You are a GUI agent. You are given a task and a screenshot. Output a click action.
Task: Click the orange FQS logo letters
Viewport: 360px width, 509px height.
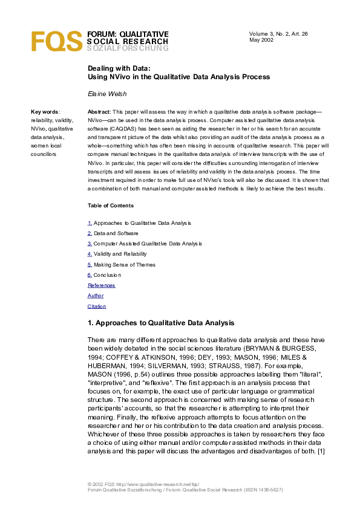(56, 41)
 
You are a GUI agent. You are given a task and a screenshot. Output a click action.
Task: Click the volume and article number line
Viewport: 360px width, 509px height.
(278, 34)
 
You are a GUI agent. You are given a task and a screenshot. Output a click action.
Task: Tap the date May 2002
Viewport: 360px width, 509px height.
(261, 41)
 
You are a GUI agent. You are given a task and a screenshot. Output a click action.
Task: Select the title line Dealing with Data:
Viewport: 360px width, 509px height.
(119, 68)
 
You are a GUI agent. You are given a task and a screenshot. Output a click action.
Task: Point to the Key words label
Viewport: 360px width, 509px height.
(45, 112)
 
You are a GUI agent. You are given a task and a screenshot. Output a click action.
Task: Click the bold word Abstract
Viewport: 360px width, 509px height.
(99, 112)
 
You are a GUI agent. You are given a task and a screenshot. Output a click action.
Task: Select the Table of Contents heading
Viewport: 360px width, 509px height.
(111, 206)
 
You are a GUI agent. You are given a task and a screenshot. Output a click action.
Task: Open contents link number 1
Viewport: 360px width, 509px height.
(90, 223)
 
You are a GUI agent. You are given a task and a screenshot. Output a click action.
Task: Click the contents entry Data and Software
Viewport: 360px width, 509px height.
(116, 233)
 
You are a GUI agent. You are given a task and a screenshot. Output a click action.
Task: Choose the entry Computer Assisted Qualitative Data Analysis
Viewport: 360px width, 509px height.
(148, 244)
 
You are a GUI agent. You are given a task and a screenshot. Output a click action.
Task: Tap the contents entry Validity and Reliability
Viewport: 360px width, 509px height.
(120, 254)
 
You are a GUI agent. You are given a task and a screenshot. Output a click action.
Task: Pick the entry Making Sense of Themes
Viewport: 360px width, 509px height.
(124, 264)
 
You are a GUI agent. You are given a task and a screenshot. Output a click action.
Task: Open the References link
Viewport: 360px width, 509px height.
(101, 285)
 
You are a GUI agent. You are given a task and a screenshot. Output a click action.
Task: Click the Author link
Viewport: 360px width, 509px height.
(96, 296)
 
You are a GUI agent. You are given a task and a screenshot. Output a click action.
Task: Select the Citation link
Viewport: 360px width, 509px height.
(97, 306)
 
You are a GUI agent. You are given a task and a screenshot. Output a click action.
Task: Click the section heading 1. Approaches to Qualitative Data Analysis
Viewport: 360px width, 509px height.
(160, 323)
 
